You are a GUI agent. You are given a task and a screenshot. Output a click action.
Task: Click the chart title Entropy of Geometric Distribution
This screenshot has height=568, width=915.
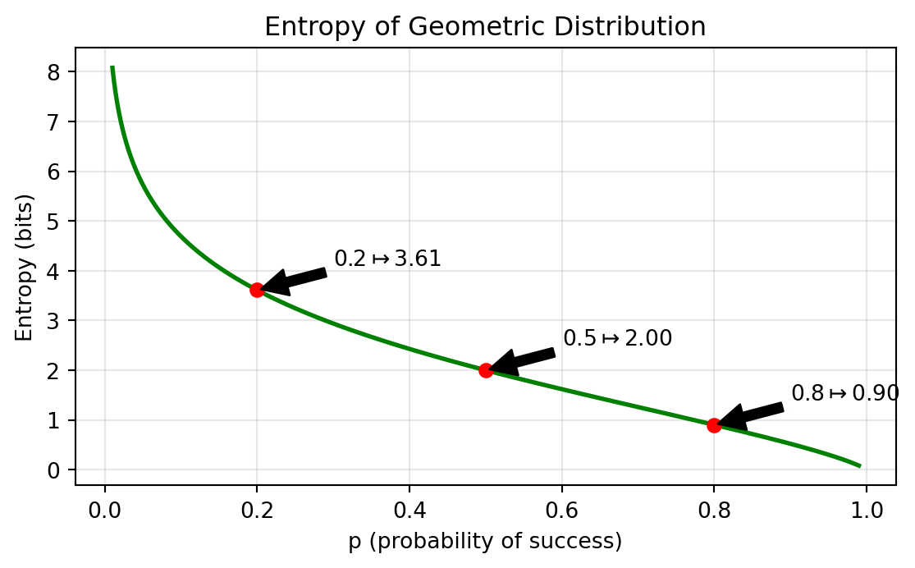coord(484,27)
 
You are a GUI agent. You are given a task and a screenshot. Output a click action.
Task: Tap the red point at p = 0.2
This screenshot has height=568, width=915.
coord(257,290)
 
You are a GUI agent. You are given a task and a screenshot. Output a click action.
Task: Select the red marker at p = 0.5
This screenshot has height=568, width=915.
coord(486,370)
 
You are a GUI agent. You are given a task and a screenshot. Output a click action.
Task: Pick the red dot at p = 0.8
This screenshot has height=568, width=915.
coord(714,425)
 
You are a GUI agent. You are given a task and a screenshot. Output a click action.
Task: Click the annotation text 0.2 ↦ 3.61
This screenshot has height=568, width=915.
coord(387,259)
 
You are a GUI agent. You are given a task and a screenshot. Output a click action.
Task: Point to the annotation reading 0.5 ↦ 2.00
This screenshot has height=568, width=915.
coord(617,338)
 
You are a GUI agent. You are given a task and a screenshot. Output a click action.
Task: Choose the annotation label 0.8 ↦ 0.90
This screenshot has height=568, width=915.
coord(845,394)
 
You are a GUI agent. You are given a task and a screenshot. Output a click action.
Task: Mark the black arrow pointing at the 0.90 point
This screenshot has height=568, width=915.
coord(751,415)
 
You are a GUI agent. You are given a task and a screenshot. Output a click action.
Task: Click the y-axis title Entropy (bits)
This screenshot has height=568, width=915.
coord(24,268)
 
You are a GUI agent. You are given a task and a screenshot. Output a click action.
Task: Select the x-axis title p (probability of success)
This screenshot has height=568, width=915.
coord(484,543)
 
